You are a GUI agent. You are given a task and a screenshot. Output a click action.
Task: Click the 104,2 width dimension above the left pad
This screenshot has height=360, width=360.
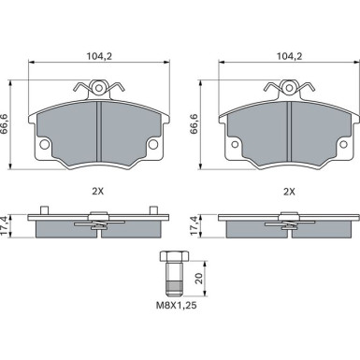coord(98,56)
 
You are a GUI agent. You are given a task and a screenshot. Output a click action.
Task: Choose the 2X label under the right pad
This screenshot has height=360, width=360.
coord(289,192)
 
